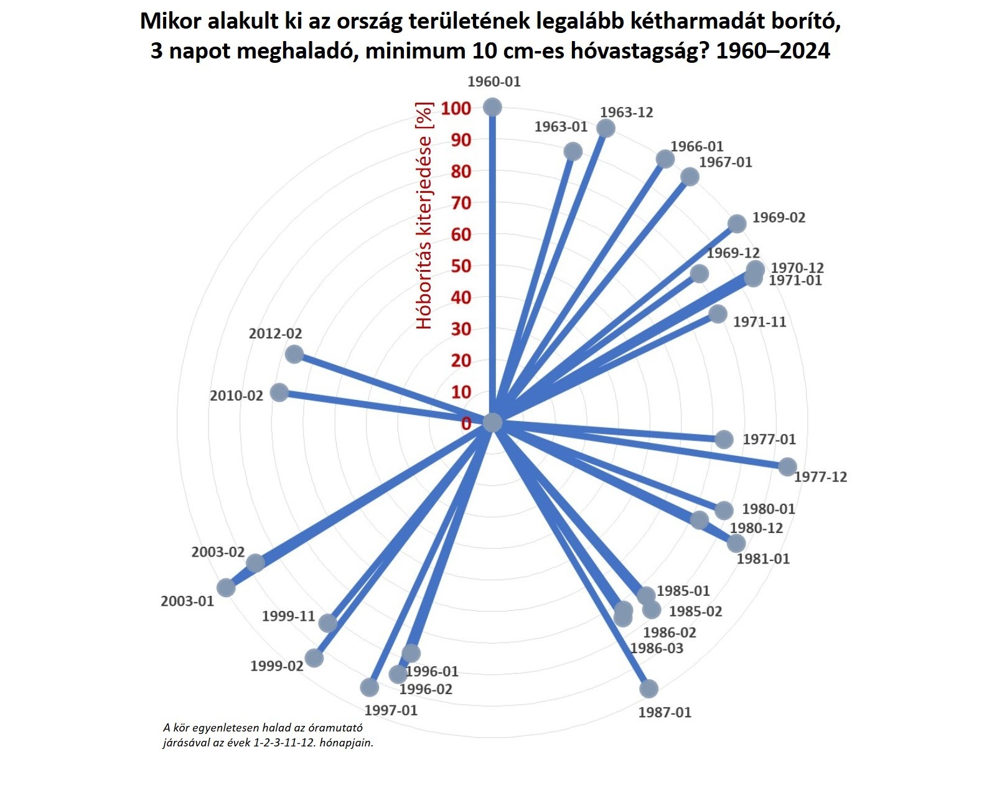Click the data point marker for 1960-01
(x=492, y=107)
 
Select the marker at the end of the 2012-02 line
(x=294, y=355)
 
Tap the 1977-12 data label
(x=820, y=477)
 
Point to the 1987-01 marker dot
(x=648, y=689)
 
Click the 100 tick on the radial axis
(x=456, y=109)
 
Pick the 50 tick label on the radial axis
(x=461, y=266)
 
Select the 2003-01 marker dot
(x=226, y=588)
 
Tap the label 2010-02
(x=236, y=396)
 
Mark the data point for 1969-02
(x=737, y=224)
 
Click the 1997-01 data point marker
(x=370, y=687)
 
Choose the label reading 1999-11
(x=288, y=616)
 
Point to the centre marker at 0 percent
(x=492, y=422)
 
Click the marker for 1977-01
(x=724, y=439)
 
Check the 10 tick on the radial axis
(x=461, y=392)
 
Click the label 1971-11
(x=759, y=322)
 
